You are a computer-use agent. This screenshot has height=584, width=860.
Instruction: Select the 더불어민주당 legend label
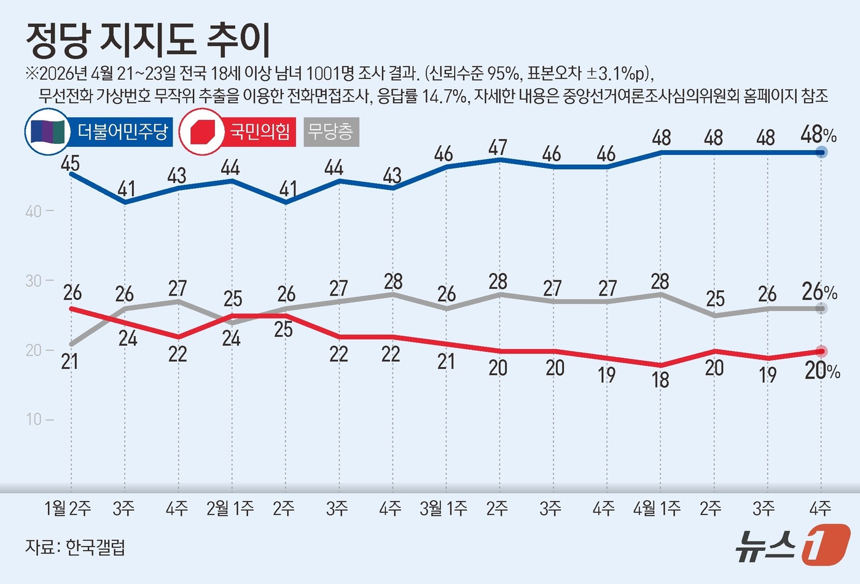(x=122, y=132)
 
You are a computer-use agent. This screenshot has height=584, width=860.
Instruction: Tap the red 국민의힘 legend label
(x=259, y=132)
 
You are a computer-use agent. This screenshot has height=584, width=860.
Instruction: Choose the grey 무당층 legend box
(x=331, y=132)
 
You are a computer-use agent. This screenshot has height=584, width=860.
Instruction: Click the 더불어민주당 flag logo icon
(x=47, y=132)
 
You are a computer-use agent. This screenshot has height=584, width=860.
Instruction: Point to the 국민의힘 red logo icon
(x=201, y=132)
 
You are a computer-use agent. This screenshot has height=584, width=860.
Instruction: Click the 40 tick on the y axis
(x=34, y=211)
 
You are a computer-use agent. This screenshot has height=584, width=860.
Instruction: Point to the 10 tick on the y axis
(x=34, y=419)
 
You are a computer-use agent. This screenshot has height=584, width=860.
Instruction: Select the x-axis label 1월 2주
(x=68, y=508)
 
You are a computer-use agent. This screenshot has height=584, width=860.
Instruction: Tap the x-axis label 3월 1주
(x=444, y=508)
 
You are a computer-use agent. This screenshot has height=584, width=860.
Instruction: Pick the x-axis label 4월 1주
(x=657, y=508)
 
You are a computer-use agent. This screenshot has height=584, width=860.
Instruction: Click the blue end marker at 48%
(x=821, y=152)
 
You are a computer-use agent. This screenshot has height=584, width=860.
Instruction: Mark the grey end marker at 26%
(x=821, y=309)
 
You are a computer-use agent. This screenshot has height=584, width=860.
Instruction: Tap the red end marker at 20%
(x=821, y=351)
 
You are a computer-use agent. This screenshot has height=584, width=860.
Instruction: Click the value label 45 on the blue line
(x=70, y=164)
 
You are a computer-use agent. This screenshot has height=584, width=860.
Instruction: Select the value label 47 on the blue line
(x=498, y=148)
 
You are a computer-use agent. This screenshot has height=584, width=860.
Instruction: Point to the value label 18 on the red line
(x=660, y=380)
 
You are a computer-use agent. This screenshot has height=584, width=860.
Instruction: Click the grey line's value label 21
(x=70, y=361)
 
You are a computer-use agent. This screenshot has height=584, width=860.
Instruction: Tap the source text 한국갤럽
(x=95, y=547)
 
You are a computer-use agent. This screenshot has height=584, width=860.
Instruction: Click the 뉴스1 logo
(x=792, y=545)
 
